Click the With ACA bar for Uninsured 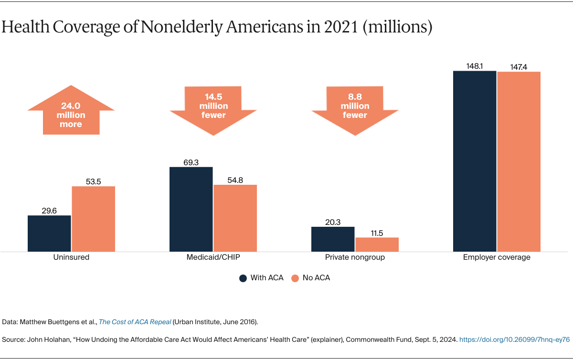(x=49, y=233)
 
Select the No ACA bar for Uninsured (x=94, y=219)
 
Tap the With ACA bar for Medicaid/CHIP (x=191, y=209)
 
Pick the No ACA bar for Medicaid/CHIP (x=235, y=218)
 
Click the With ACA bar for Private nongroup (x=333, y=239)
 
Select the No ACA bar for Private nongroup (x=377, y=244)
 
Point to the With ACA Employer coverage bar (x=475, y=161)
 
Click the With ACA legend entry (x=261, y=278)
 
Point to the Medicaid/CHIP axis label (x=213, y=257)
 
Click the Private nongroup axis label (x=355, y=257)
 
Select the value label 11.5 (x=377, y=233)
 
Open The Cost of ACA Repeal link (x=135, y=322)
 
